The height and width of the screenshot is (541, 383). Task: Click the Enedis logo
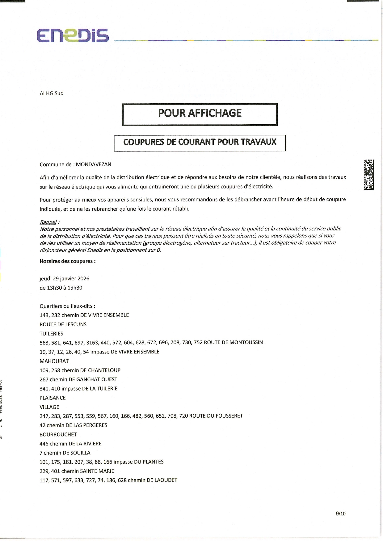(x=73, y=35)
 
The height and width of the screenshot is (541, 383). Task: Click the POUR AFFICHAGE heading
(x=200, y=113)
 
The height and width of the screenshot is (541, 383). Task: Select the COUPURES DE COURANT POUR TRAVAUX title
(x=200, y=142)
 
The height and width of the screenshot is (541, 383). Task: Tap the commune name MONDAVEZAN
(x=93, y=164)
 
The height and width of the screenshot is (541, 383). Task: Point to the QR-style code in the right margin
(x=368, y=174)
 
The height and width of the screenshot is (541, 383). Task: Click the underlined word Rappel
(x=48, y=222)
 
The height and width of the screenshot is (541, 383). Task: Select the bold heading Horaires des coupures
(x=67, y=261)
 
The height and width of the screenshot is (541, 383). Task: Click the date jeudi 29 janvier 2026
(x=64, y=279)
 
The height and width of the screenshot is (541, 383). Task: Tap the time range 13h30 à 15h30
(x=61, y=288)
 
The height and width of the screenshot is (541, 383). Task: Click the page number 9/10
(x=340, y=514)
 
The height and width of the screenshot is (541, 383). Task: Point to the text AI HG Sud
(x=52, y=93)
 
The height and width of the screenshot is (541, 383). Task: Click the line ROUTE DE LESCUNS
(x=63, y=324)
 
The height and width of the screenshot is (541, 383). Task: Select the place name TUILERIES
(x=51, y=334)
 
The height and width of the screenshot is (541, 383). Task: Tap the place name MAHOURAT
(x=54, y=361)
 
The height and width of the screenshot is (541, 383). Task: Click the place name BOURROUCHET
(x=58, y=435)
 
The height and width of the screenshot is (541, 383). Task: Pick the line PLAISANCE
(x=53, y=398)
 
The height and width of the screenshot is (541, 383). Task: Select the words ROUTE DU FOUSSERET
(x=216, y=416)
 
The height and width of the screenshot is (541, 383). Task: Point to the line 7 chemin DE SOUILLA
(x=65, y=453)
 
